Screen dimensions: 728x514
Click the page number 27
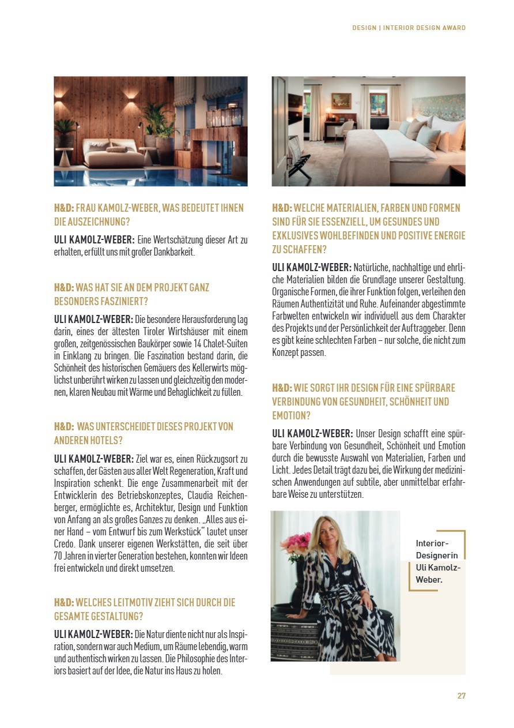461,696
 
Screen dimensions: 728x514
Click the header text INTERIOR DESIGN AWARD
424,28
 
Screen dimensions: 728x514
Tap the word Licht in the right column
282,470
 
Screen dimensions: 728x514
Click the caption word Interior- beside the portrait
432,543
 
